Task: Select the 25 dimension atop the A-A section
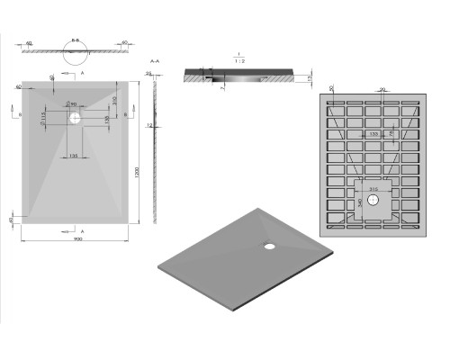[147, 73]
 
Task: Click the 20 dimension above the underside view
[382, 90]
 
